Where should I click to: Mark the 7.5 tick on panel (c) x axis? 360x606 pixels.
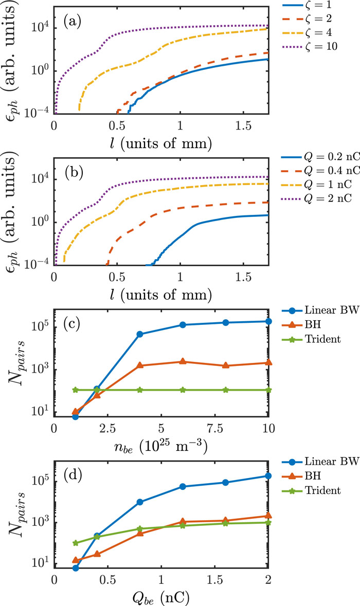click(x=215, y=428)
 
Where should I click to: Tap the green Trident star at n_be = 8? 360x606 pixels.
click(x=225, y=390)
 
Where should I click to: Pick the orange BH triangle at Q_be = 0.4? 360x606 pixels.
click(x=97, y=554)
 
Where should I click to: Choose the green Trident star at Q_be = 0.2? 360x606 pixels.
click(x=76, y=543)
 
